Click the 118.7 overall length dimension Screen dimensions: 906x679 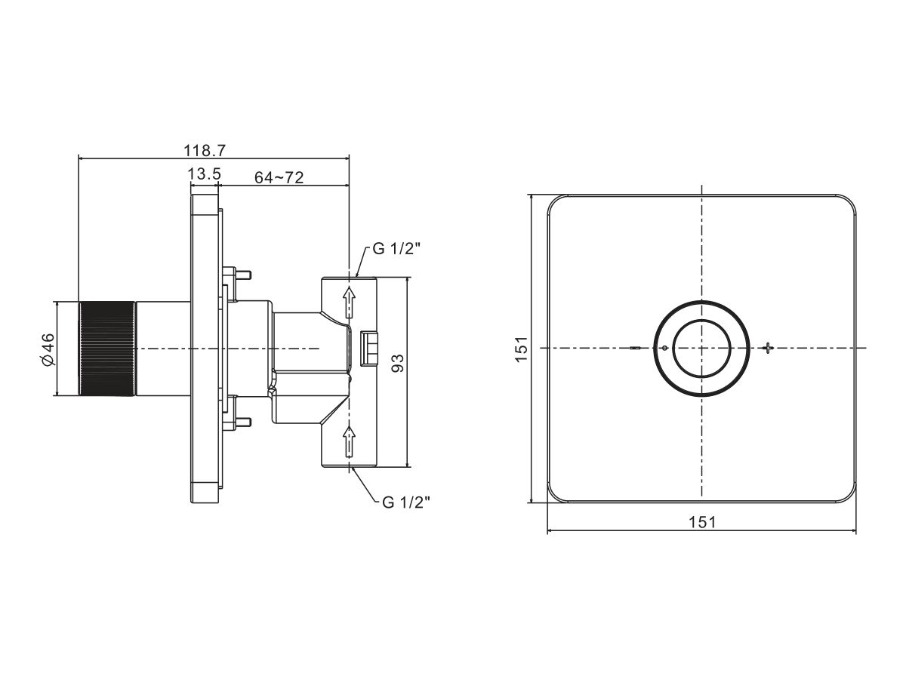[x=205, y=150]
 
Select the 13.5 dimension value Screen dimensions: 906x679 [x=205, y=174]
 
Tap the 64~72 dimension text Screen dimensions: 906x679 [x=279, y=177]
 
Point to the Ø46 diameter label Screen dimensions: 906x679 [x=48, y=349]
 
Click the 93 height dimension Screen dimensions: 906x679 [x=397, y=363]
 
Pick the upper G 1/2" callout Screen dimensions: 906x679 [x=396, y=249]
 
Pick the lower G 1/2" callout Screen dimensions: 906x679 [x=406, y=502]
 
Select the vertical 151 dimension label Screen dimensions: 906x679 [x=521, y=349]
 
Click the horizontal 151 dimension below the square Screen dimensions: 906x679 [x=702, y=522]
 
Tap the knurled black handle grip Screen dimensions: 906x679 [x=107, y=349]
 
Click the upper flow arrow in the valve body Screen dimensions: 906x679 [x=350, y=303]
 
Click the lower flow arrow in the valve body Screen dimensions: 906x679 [x=350, y=441]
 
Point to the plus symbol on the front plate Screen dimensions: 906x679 [x=767, y=348]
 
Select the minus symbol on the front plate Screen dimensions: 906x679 [x=636, y=349]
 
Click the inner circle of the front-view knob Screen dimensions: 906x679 [x=701, y=349]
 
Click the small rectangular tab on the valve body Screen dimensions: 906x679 [x=369, y=349]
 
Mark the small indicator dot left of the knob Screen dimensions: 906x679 [x=664, y=349]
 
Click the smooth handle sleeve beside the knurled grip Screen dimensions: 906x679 [x=163, y=349]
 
